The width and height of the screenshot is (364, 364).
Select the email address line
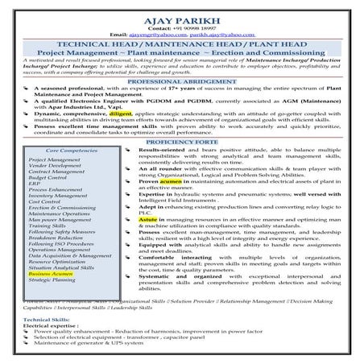tap(181, 35)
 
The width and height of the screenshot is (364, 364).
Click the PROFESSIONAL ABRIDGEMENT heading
tap(181, 82)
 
